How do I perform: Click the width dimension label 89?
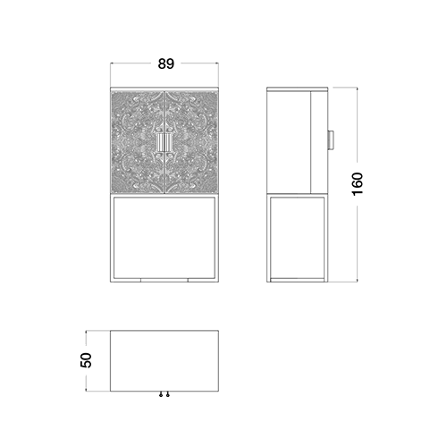[x=165, y=63]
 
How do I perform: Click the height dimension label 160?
[x=358, y=184]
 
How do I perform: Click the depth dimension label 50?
[x=86, y=360]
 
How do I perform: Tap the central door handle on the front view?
[x=164, y=143]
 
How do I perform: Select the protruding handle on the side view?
[x=331, y=140]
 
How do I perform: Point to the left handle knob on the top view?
[x=161, y=394]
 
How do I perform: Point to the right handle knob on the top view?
[x=168, y=394]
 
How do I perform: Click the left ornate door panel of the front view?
[x=138, y=142]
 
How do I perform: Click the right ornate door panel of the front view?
[x=191, y=142]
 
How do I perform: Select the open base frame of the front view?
[x=113, y=239]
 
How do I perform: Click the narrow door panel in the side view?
[x=319, y=142]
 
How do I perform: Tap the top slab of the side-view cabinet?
[x=297, y=89]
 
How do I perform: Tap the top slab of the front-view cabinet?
[x=164, y=89]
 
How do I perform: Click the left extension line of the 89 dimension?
[x=111, y=74]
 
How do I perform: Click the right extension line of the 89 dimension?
[x=218, y=74]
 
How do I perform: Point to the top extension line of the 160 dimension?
[x=345, y=88]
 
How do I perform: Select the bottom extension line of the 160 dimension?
[x=345, y=282]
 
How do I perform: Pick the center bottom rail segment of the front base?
[x=164, y=280]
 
